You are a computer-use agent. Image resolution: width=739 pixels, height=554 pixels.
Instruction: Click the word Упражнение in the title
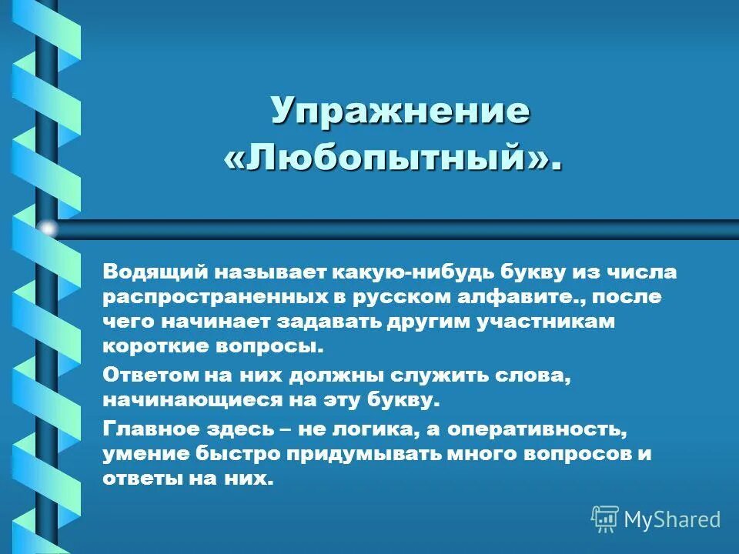point(400,112)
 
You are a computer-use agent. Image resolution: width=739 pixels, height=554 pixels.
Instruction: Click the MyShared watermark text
point(671,519)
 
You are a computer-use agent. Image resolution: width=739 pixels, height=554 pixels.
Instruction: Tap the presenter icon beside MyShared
point(605,519)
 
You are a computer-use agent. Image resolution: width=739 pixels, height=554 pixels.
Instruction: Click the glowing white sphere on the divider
point(48,229)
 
